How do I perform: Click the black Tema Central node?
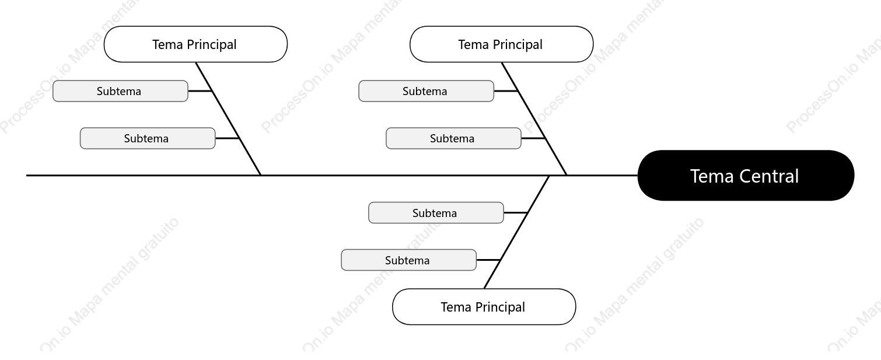[x=746, y=176]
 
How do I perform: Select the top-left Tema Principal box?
[x=195, y=44]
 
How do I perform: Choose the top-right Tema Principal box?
[x=501, y=44]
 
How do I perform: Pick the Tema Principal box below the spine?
[x=484, y=307]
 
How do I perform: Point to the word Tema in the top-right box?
[x=473, y=44]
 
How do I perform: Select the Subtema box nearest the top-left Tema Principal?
[x=120, y=91]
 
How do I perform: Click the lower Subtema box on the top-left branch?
[x=148, y=138]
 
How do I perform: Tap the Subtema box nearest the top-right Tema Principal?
[x=426, y=91]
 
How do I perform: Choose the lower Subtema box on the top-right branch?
[x=453, y=138]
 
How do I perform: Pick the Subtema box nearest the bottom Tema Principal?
[x=408, y=260]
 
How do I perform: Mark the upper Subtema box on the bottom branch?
[x=436, y=213]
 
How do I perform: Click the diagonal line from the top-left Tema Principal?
[x=228, y=119]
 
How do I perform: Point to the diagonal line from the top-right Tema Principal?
[x=534, y=119]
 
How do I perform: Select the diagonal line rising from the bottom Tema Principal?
[x=516, y=232]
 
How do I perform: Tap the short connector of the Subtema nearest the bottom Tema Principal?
[x=488, y=260]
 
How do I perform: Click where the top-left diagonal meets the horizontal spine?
[x=261, y=175]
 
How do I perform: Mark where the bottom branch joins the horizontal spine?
[x=549, y=176]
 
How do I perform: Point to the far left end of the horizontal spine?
[x=27, y=176]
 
